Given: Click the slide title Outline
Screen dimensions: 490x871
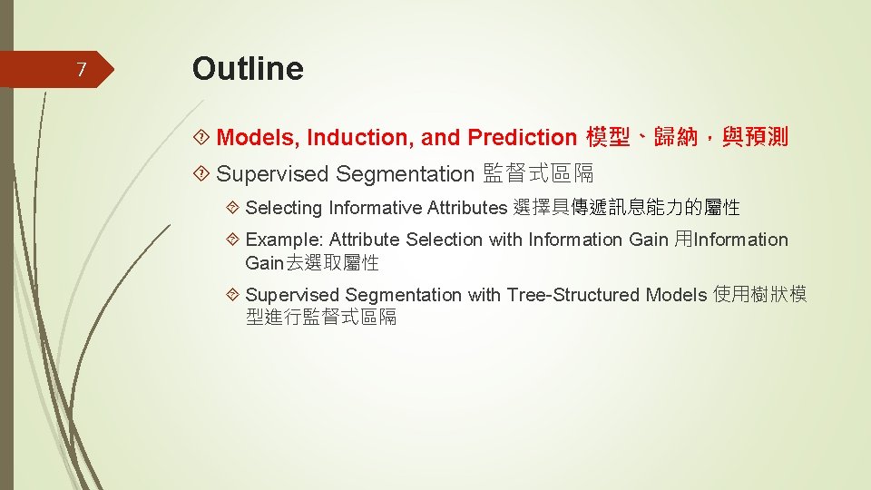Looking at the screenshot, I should tap(248, 68).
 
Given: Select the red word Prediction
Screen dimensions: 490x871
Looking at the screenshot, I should tap(523, 138).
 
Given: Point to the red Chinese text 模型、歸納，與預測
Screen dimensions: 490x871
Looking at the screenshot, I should tap(687, 138).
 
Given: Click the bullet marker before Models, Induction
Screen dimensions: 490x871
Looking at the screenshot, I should tap(202, 138).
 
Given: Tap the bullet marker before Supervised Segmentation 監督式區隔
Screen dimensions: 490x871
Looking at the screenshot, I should tap(202, 173).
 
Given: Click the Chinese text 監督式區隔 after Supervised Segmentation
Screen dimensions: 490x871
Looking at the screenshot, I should tap(538, 173).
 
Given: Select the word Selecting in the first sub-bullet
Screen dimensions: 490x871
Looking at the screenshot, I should tap(284, 208).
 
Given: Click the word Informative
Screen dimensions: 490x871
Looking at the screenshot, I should tap(371, 208).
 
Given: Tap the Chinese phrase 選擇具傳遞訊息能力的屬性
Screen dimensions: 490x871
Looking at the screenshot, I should tap(626, 208).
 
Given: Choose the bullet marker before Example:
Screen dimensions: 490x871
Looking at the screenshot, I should tap(232, 240).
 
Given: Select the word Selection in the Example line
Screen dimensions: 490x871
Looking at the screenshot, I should tap(445, 240).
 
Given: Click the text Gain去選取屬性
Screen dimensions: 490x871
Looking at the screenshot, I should tap(311, 263).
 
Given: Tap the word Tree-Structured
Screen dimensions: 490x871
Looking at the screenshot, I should tap(573, 295).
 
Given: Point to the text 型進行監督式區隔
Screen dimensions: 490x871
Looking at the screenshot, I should tap(321, 318).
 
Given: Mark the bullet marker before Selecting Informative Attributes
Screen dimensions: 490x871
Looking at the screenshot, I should tap(232, 208).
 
